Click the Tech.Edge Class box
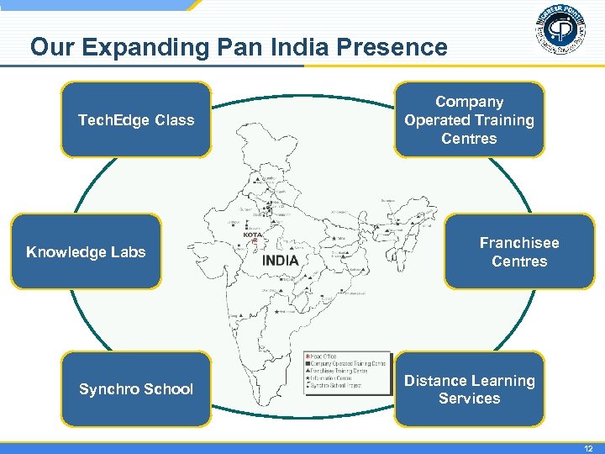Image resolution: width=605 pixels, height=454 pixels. click(136, 119)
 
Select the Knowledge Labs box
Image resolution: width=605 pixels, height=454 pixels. click(86, 251)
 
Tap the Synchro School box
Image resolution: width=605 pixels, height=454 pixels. click(136, 388)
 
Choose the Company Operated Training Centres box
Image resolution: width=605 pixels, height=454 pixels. click(469, 119)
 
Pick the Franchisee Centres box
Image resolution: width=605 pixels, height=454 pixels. click(519, 251)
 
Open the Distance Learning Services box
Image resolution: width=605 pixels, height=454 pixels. click(469, 389)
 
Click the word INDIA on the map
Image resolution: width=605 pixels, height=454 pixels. click(281, 261)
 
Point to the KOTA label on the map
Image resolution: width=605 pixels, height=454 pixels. click(253, 235)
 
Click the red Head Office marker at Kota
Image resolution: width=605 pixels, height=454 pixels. click(255, 241)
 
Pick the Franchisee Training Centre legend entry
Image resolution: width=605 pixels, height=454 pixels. click(339, 371)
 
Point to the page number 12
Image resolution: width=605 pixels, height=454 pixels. click(587, 446)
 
